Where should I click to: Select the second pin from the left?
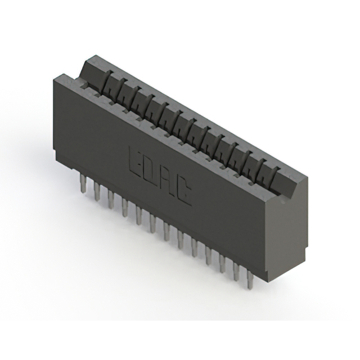[x=97, y=191]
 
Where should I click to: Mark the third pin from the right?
[x=222, y=264]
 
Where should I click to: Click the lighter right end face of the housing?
[x=287, y=236]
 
